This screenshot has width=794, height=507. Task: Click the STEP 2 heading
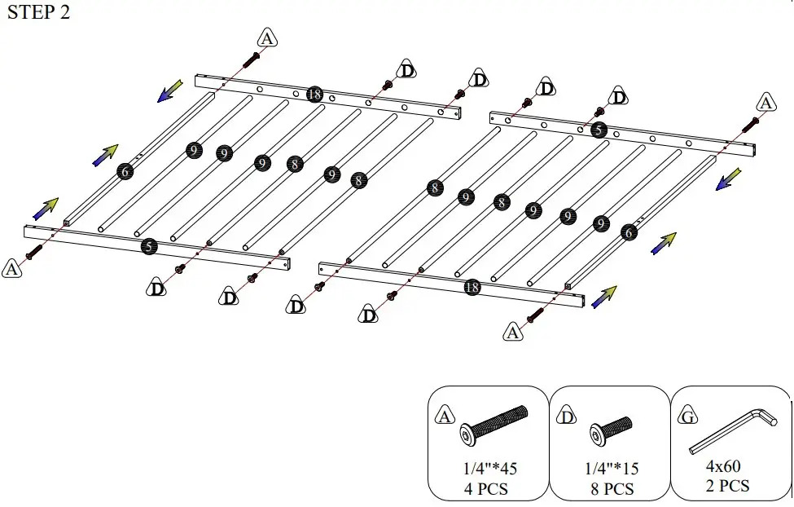pyautogui.click(x=38, y=15)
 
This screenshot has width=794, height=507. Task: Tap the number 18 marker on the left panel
pyautogui.click(x=314, y=95)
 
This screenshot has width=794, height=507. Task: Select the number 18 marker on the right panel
pyautogui.click(x=472, y=286)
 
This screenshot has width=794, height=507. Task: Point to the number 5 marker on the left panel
pyautogui.click(x=148, y=246)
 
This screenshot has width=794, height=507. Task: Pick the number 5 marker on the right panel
pyautogui.click(x=599, y=130)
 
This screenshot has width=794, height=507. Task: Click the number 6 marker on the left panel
pyautogui.click(x=125, y=171)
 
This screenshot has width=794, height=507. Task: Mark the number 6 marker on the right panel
pyautogui.click(x=629, y=232)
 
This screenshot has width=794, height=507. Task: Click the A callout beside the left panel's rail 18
pyautogui.click(x=267, y=37)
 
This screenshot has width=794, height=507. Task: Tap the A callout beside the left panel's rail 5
pyautogui.click(x=12, y=267)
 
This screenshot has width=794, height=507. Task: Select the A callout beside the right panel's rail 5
pyautogui.click(x=765, y=104)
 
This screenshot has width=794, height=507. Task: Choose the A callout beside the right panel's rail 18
pyautogui.click(x=512, y=332)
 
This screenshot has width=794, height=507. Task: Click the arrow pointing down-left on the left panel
pyautogui.click(x=170, y=90)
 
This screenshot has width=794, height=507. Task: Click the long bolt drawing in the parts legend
pyautogui.click(x=494, y=425)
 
